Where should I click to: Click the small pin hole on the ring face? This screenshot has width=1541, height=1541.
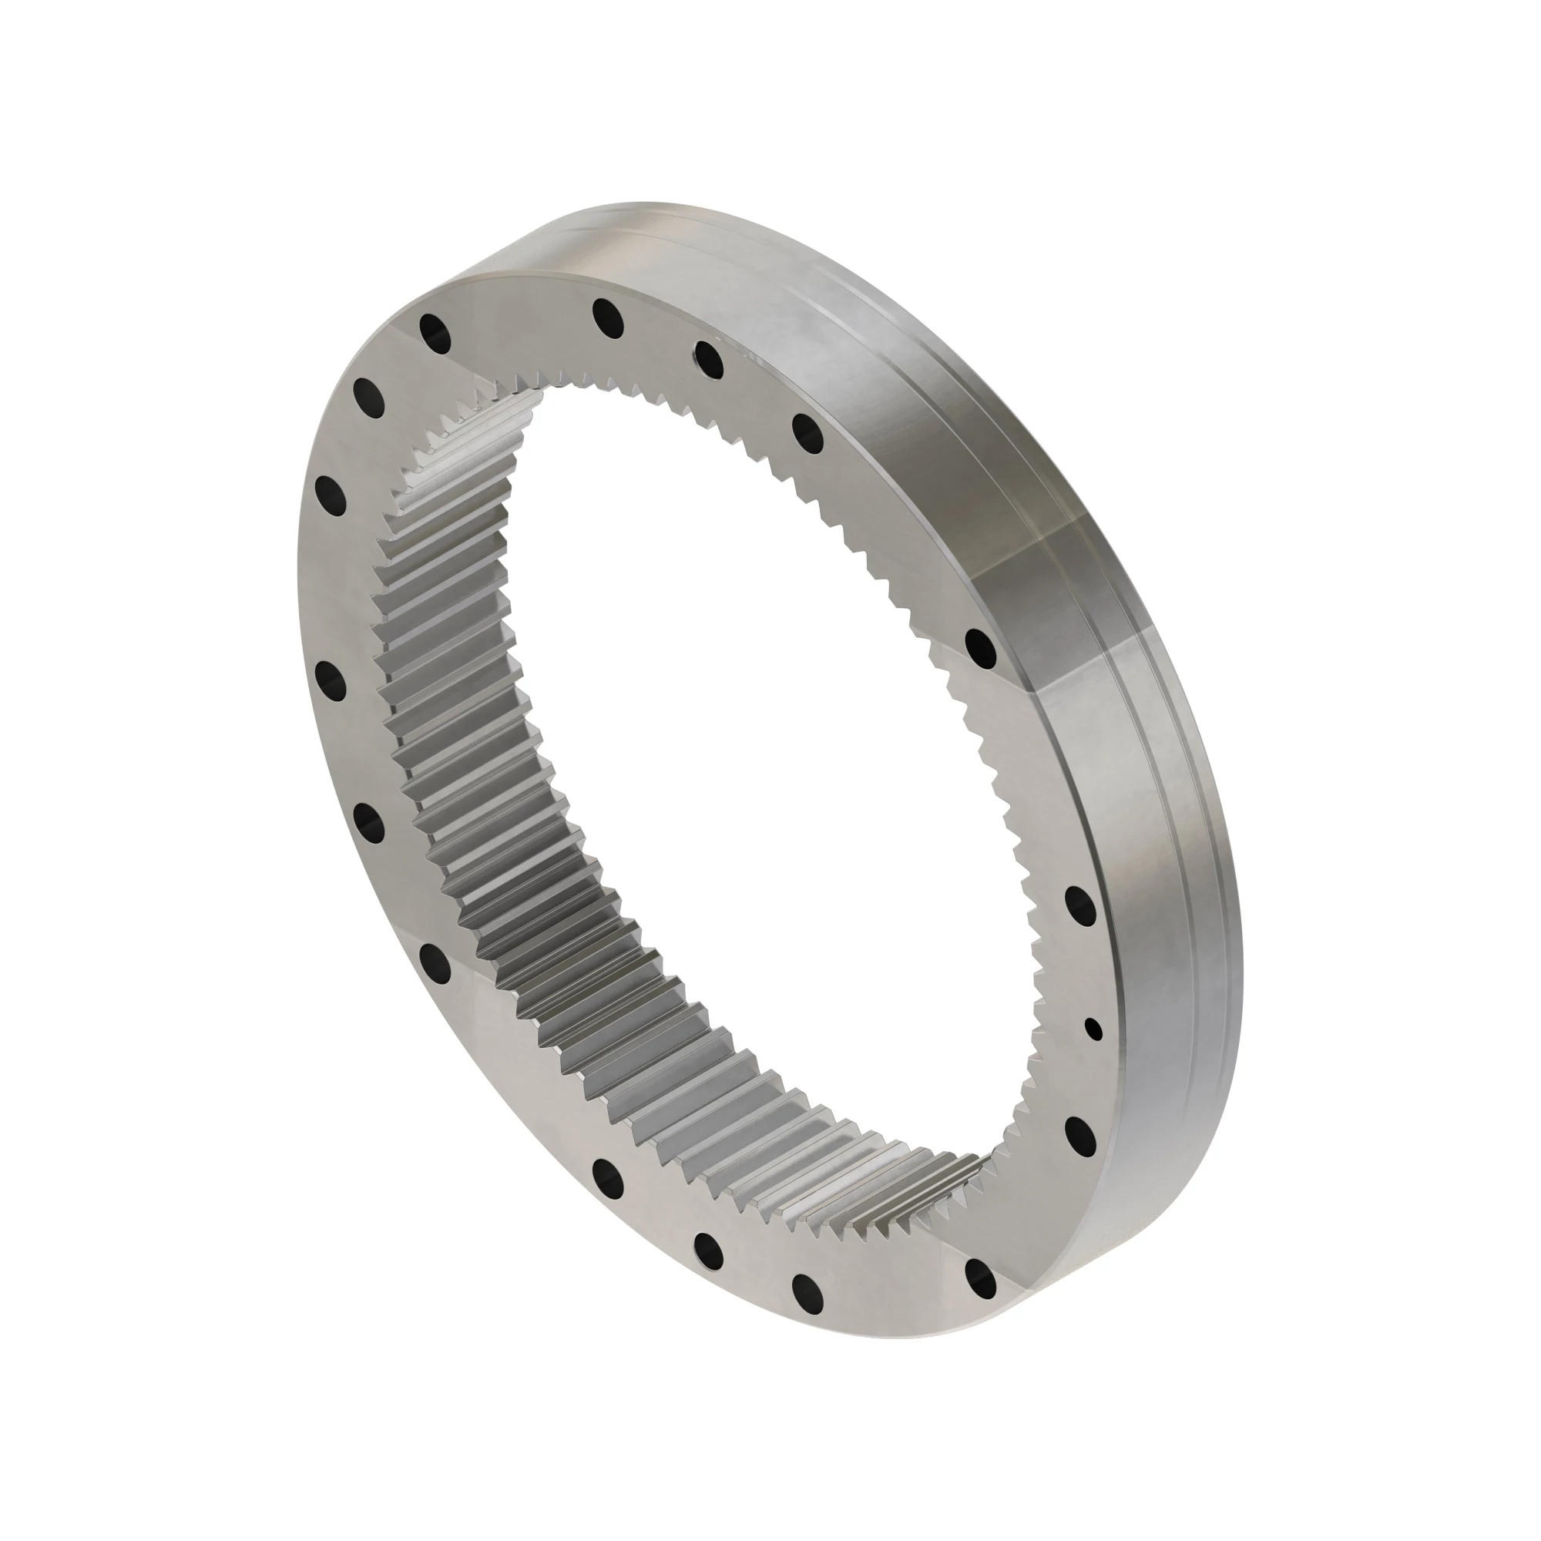(x=1094, y=1029)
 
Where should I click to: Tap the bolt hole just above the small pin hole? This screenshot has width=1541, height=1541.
(x=1081, y=906)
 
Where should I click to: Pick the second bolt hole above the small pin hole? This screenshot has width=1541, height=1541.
(x=981, y=647)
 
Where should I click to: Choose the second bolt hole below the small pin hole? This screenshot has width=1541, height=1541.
(x=980, y=1282)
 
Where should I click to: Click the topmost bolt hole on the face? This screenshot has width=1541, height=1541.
(x=608, y=317)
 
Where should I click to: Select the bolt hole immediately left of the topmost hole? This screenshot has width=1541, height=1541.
(x=435, y=333)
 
